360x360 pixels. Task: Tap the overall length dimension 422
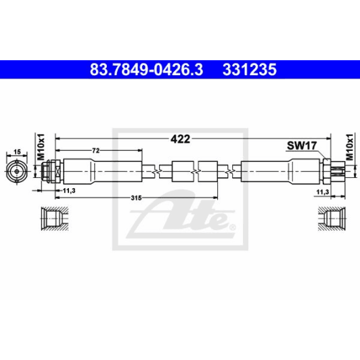click(179, 139)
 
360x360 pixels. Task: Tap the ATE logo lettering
click(196, 219)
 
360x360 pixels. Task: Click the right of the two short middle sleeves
click(207, 171)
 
